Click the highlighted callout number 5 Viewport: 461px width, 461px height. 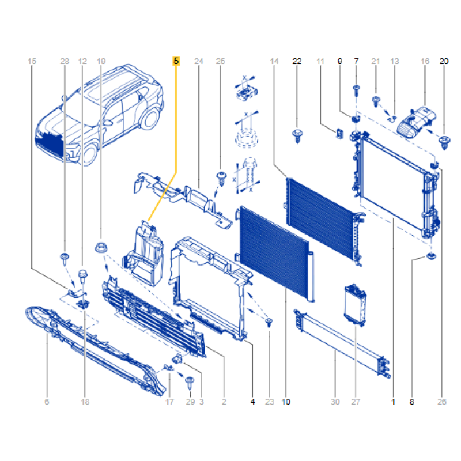click(176, 61)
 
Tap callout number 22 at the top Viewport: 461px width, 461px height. click(297, 61)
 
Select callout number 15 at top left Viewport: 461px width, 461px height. click(32, 61)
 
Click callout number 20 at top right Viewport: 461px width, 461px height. click(444, 61)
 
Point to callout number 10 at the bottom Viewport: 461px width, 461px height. click(286, 402)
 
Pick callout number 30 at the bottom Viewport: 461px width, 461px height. click(335, 402)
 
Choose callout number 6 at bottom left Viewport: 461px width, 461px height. click(47, 402)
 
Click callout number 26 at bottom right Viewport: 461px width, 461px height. click(442, 402)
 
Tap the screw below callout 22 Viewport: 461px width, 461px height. click(297, 136)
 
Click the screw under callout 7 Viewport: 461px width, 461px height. click(356, 90)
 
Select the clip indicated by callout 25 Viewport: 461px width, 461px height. click(221, 178)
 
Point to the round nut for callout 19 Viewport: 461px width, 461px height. click(101, 247)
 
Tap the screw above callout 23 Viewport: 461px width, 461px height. click(269, 322)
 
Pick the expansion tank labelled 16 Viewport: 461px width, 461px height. click(416, 122)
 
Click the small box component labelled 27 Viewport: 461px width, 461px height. click(355, 305)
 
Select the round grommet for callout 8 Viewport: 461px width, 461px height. click(431, 256)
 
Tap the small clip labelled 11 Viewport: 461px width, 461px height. click(339, 134)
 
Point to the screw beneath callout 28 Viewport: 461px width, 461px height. click(65, 259)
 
